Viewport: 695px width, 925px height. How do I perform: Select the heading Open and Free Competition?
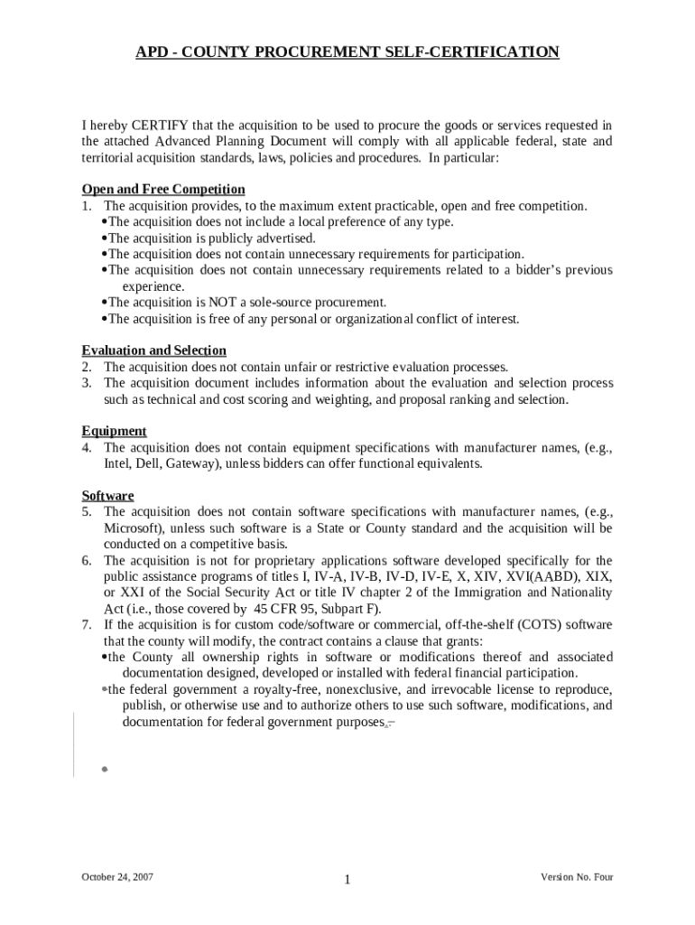[x=163, y=190]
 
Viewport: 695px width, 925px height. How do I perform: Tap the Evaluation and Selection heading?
[x=153, y=350]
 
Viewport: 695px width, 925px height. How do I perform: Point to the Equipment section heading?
[x=114, y=432]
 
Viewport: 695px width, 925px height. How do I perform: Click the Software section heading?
[x=107, y=496]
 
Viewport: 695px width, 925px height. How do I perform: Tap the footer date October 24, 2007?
[x=117, y=877]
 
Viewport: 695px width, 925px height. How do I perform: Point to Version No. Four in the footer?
[x=577, y=877]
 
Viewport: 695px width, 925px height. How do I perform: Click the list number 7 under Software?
[x=86, y=625]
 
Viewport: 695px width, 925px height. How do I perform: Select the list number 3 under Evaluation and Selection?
[x=86, y=383]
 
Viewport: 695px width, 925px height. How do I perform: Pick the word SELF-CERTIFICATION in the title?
[x=478, y=52]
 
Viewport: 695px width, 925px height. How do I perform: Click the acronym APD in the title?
[x=152, y=52]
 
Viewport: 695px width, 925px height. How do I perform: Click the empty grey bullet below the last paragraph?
[x=105, y=769]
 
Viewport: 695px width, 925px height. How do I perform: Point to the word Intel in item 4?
[x=118, y=464]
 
